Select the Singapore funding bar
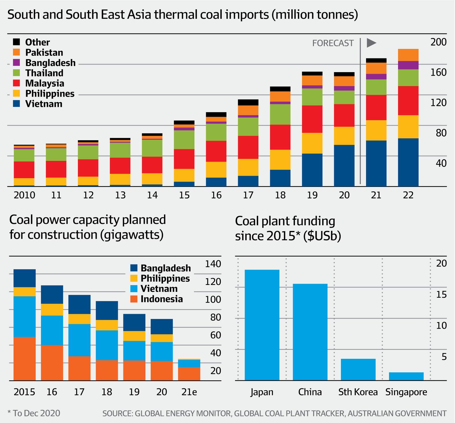pos(406,376)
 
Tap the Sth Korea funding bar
pos(358,369)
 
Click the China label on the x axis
pos(310,392)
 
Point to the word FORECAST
pos(333,43)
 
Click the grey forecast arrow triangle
pos(371,43)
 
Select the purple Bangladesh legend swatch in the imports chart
pos(16,62)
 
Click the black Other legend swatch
pos(16,42)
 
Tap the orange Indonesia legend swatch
pos(134,299)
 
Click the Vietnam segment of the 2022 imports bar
pos(408,162)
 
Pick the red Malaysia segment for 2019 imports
pos(312,119)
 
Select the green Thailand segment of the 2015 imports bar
pos(184,139)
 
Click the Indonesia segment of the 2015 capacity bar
pos(24,359)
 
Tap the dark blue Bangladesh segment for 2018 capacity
pos(107,310)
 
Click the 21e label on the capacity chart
pos(189,392)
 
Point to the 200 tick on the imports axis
pos(438,42)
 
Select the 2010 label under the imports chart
pos(24,195)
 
